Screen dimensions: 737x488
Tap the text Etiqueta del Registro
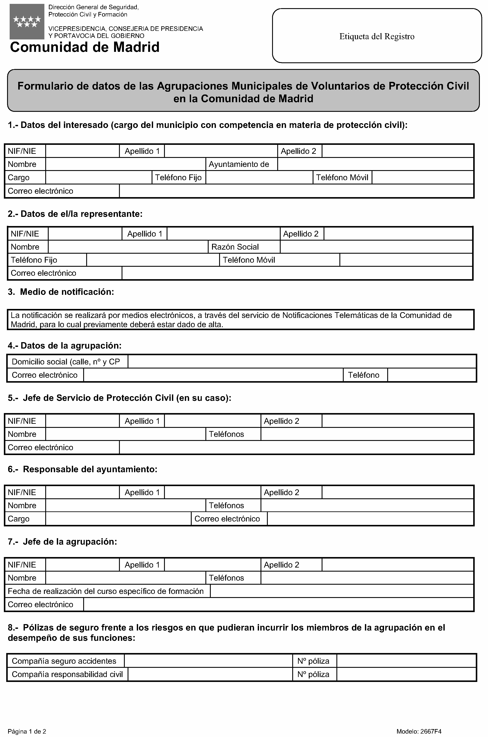click(377, 36)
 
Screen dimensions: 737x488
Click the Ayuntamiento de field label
click(239, 164)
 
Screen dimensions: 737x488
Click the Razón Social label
click(235, 247)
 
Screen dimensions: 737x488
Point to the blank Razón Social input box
click(376, 247)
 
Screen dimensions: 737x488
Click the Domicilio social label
click(66, 362)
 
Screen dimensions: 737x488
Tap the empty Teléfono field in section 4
click(432, 375)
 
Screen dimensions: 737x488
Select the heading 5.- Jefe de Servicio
click(119, 398)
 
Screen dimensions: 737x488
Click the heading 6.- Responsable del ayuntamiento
click(83, 469)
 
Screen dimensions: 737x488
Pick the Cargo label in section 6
click(19, 519)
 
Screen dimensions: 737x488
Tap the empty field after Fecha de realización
click(342, 591)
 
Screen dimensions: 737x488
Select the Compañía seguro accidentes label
click(64, 661)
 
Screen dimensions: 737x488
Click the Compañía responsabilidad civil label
click(67, 674)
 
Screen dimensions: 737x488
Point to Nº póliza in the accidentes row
click(313, 661)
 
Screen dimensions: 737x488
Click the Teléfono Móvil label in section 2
click(249, 260)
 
